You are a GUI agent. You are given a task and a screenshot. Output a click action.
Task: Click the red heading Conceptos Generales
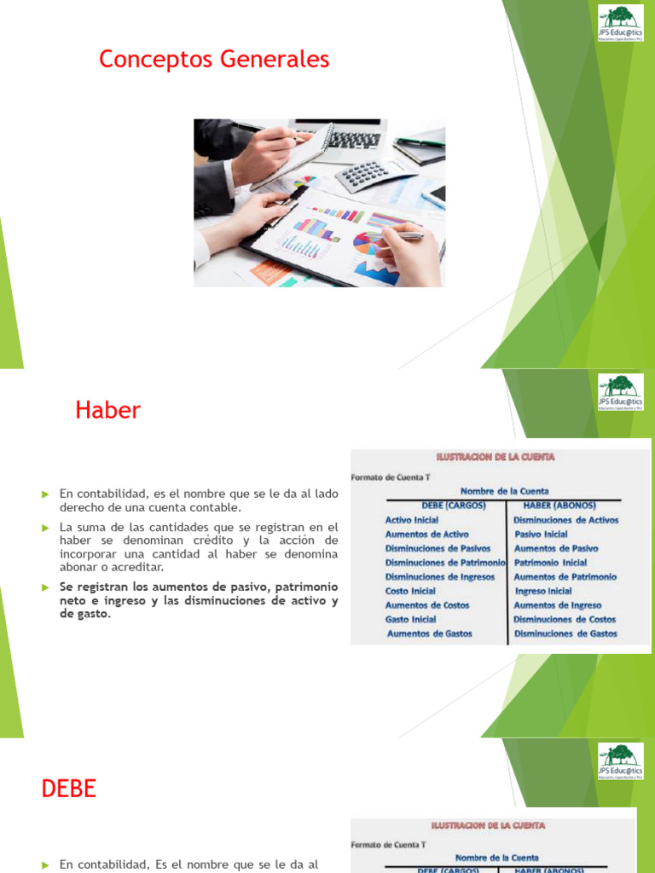[214, 60]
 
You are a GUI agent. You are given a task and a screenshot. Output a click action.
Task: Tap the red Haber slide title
[107, 410]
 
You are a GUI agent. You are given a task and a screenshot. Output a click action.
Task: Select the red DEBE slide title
[69, 789]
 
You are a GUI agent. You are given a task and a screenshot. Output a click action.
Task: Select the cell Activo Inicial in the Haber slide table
[412, 520]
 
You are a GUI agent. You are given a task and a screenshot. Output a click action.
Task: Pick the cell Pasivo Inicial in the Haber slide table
[541, 535]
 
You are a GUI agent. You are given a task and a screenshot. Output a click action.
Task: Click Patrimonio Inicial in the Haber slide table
[550, 563]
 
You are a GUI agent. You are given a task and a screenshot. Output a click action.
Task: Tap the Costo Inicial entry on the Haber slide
[410, 591]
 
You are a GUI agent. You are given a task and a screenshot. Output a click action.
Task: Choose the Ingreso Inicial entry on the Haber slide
[543, 591]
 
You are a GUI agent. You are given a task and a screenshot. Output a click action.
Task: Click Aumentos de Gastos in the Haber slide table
[429, 633]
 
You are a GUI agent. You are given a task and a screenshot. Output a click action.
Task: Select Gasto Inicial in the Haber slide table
[410, 620]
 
